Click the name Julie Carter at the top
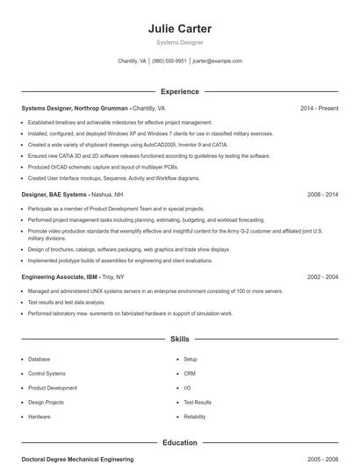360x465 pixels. pos(180,29)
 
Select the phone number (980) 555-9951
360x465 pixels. pos(169,61)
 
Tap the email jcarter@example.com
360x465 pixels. pos(217,61)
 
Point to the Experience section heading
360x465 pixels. pos(180,91)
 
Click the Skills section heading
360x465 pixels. pos(180,339)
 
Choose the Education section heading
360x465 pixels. pos(180,443)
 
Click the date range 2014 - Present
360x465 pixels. pos(319,108)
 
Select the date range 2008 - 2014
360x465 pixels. pos(322,194)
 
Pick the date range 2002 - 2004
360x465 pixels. pos(322,276)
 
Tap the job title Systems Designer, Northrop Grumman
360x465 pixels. pos(76,108)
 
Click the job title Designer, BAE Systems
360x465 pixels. pos(54,194)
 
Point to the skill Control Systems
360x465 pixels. pos(47,374)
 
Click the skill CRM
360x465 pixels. pos(189,374)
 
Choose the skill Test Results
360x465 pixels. pos(198,402)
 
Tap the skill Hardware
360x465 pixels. pos(40,417)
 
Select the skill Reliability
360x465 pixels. pos(195,417)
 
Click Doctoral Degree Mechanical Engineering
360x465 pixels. pos(77,459)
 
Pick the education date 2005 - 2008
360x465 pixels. pos(322,459)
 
